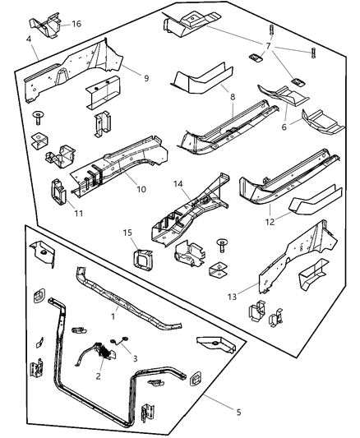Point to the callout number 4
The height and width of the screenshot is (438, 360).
coord(29,39)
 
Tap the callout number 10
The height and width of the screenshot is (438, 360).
coord(141,189)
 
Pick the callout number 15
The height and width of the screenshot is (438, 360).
coord(127,233)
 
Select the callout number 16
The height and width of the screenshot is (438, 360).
coord(76,25)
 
